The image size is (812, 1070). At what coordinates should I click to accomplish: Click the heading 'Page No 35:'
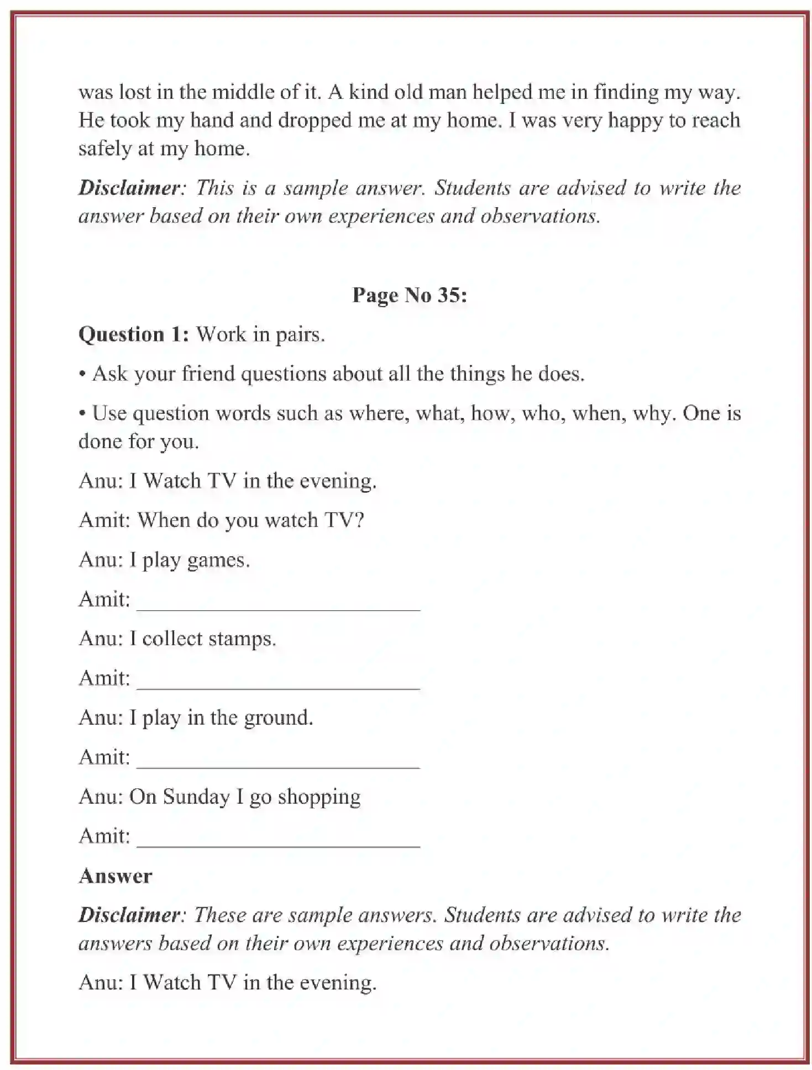[x=410, y=295]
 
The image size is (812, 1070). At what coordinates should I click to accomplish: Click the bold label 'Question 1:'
[x=134, y=334]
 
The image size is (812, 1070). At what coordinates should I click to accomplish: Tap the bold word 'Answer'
[x=115, y=876]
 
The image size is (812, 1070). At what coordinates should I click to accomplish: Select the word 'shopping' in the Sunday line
[x=319, y=798]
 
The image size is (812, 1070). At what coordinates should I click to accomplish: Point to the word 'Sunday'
[x=196, y=797]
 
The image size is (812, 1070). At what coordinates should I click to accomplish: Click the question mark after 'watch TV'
[x=359, y=520]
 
